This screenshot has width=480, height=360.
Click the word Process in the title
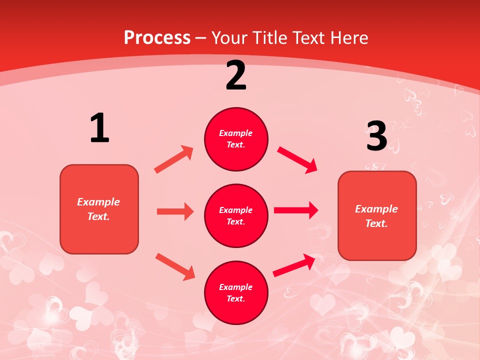pyautogui.click(x=157, y=37)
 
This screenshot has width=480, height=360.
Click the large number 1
pyautogui.click(x=99, y=128)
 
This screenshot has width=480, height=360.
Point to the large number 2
pyautogui.click(x=236, y=75)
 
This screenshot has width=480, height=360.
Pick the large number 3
pyautogui.click(x=377, y=136)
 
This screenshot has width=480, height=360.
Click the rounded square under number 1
pyautogui.click(x=99, y=208)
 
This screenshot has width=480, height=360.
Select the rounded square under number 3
pyautogui.click(x=377, y=215)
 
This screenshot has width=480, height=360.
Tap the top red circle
pyautogui.click(x=236, y=139)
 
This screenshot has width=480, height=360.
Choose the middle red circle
pyautogui.click(x=236, y=215)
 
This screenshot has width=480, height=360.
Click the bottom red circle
pyautogui.click(x=236, y=292)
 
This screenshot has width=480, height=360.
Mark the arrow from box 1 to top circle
pyautogui.click(x=174, y=159)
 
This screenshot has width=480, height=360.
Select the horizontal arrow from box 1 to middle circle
pyautogui.click(x=175, y=211)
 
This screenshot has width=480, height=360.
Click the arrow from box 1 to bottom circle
pyautogui.click(x=175, y=266)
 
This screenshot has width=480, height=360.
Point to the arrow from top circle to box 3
pyautogui.click(x=297, y=160)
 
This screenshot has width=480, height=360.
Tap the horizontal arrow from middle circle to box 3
pyautogui.click(x=296, y=210)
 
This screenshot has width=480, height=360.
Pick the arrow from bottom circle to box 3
pyautogui.click(x=294, y=265)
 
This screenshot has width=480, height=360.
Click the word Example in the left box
pyautogui.click(x=98, y=202)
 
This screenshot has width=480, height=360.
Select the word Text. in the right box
pyautogui.click(x=376, y=223)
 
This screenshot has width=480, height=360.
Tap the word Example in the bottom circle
pyautogui.click(x=236, y=287)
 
